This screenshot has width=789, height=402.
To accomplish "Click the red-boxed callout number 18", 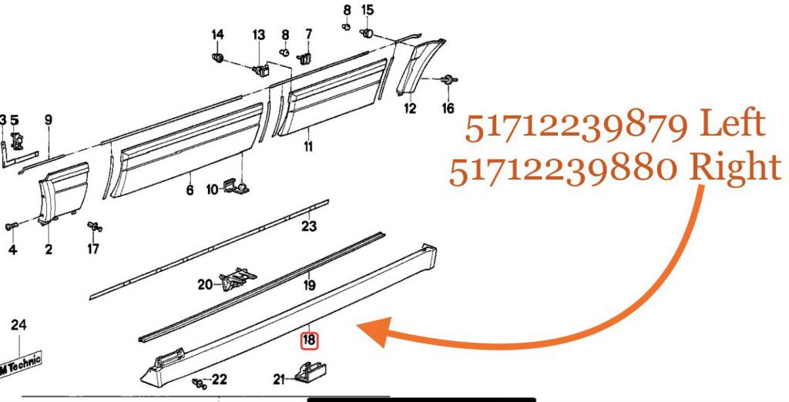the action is click(x=309, y=340).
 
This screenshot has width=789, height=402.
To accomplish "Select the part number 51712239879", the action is click(x=576, y=128).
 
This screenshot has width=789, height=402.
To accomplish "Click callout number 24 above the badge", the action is click(x=18, y=325).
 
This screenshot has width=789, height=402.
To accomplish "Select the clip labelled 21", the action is click(x=309, y=373).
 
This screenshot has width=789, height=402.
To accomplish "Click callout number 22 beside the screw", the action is click(x=219, y=380).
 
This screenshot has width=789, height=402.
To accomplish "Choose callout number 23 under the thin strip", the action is click(x=310, y=226).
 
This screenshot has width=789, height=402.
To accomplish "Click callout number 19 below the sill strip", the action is click(x=310, y=285).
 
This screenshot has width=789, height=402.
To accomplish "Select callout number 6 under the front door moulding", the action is click(x=190, y=191).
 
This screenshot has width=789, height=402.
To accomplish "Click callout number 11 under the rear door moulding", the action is click(x=308, y=146).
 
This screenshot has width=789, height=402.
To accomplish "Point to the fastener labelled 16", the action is click(x=447, y=80).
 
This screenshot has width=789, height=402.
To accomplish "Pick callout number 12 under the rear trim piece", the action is click(x=410, y=108).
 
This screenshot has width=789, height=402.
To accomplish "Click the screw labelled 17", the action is click(x=94, y=227).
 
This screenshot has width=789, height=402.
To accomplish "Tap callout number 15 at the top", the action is click(x=368, y=9).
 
